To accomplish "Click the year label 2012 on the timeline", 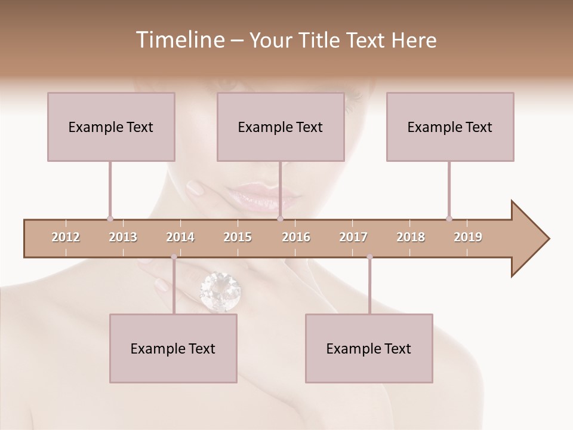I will [x=66, y=237].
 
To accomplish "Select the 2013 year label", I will [x=123, y=237].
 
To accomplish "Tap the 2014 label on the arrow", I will [x=180, y=237].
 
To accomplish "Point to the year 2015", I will [x=238, y=237].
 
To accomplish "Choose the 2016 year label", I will [x=296, y=237].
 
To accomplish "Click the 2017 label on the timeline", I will [x=353, y=237].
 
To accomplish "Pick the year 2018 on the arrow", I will [x=411, y=237].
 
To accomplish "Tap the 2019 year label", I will [x=468, y=237].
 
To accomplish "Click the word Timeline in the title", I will [x=179, y=40].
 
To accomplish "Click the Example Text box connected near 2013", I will [x=111, y=127].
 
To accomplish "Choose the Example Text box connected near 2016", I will [x=281, y=127].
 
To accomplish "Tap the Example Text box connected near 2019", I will [x=450, y=127].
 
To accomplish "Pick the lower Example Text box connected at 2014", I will [x=173, y=348].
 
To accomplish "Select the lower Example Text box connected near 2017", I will [x=369, y=348].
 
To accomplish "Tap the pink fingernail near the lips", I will [x=195, y=189].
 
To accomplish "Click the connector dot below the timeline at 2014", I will [x=174, y=257].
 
